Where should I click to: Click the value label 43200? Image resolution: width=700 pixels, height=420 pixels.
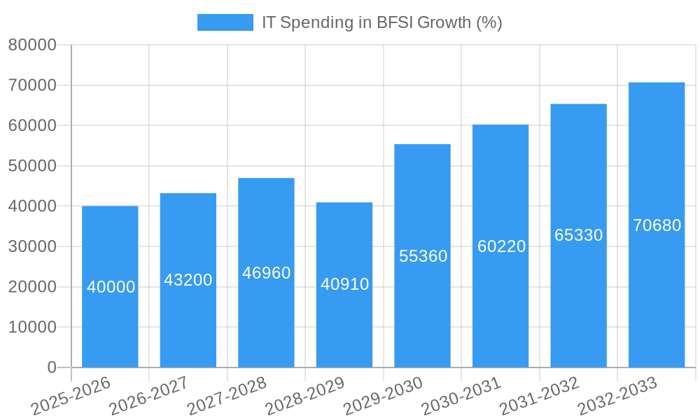[x=188, y=280]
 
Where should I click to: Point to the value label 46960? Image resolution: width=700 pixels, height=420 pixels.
[x=267, y=273]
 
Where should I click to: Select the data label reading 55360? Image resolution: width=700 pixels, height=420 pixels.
[x=423, y=256]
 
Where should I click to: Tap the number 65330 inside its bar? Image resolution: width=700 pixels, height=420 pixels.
[x=579, y=235]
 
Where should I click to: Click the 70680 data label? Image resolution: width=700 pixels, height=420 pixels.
[x=657, y=225]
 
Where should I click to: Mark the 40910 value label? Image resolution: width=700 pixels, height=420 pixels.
[x=344, y=284]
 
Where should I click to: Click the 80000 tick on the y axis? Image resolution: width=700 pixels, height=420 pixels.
[x=32, y=45]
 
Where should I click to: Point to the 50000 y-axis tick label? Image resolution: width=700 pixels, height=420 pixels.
[x=32, y=167]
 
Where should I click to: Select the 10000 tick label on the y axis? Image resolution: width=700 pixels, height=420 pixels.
[x=32, y=328]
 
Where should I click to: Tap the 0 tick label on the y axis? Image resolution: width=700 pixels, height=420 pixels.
[x=52, y=367]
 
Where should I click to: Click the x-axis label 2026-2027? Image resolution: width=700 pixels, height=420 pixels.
[x=148, y=396]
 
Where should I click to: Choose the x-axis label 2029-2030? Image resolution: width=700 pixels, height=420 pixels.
[x=383, y=396]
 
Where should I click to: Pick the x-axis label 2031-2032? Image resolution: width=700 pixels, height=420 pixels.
[x=539, y=396]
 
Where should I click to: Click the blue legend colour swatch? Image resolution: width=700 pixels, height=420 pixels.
[x=225, y=22]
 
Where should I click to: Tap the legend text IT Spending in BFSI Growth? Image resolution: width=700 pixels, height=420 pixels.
[x=381, y=22]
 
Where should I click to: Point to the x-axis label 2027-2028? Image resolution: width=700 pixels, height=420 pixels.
[x=227, y=396]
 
